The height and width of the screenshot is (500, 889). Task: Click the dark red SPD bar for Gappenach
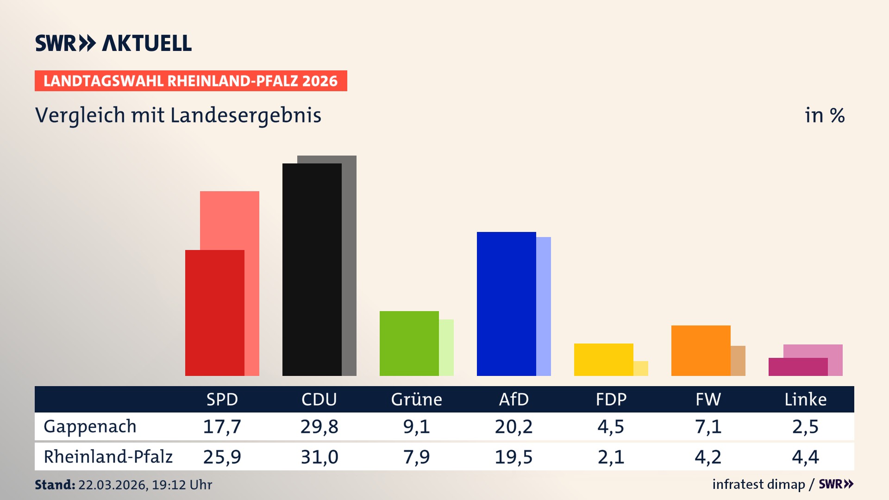(214, 312)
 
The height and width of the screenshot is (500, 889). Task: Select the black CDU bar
(312, 269)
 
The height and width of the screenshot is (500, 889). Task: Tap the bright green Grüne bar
(409, 343)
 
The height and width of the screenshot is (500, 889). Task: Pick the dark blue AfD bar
(506, 304)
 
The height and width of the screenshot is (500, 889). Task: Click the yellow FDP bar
(603, 359)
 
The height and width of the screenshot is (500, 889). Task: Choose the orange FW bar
(701, 350)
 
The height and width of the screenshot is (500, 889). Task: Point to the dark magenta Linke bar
(798, 367)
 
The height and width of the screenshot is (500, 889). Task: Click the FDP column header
(611, 399)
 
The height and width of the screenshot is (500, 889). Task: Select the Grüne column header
(416, 399)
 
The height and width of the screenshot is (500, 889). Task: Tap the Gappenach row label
(90, 426)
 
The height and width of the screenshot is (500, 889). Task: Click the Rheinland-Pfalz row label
(108, 456)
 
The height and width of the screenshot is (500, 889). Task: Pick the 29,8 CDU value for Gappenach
(319, 426)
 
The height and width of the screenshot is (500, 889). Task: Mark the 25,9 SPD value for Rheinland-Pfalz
(222, 457)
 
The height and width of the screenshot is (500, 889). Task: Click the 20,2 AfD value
(513, 426)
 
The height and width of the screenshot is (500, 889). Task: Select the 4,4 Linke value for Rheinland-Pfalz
(805, 457)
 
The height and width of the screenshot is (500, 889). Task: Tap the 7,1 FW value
(708, 426)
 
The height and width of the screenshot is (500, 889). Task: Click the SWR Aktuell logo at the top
(113, 43)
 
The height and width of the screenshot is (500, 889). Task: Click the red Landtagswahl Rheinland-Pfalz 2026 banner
(191, 81)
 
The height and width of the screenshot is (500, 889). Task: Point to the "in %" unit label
(824, 115)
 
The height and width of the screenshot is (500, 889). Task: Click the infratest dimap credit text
(758, 484)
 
